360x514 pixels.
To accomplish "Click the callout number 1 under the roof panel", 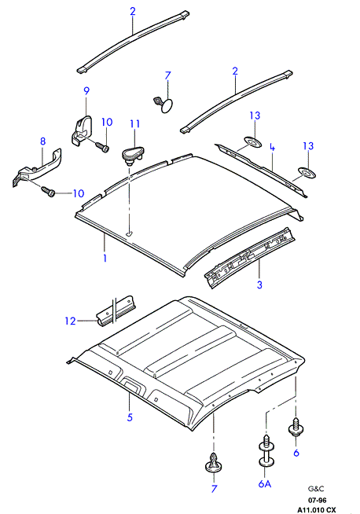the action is point(105,258).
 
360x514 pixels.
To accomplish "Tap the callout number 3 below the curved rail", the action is point(259,285).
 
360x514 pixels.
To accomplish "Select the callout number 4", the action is point(272,147).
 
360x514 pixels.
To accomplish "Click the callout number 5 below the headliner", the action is point(130,417).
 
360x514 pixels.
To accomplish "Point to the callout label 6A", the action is point(265,483).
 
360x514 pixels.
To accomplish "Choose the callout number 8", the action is point(43,141).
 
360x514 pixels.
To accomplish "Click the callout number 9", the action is point(86,90).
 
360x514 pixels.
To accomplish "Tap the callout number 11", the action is point(134,124).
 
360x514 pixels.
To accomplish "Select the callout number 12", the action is point(70,321).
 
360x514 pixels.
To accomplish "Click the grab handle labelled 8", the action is point(37,167).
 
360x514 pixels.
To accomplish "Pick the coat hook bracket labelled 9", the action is point(81,130).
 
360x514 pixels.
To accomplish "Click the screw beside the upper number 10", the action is point(101,146).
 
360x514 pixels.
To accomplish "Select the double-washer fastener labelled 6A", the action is point(266,450).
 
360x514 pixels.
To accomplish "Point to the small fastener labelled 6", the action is point(296,427).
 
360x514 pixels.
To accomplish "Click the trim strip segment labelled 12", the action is point(117,311).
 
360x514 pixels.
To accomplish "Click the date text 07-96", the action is point(317,501).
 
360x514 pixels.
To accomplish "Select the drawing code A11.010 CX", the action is point(317,510).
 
